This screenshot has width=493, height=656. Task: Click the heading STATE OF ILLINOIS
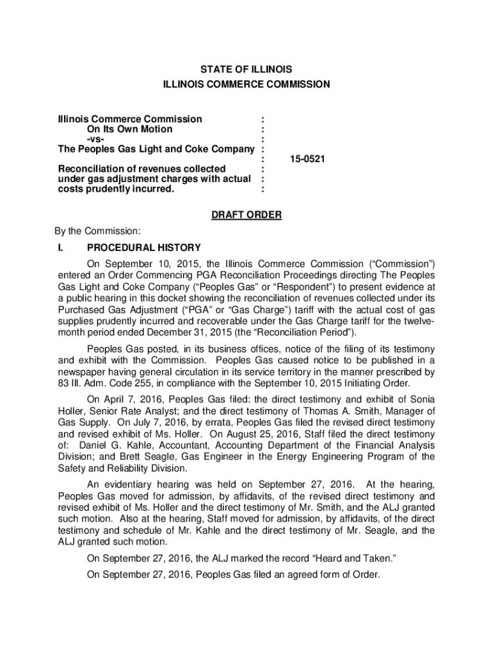click(246, 69)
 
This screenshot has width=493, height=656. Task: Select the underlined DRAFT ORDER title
click(246, 215)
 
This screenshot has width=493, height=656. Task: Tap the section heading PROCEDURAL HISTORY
click(144, 248)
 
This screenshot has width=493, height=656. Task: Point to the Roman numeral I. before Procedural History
click(62, 248)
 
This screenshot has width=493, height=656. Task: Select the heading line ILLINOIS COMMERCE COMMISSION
click(246, 84)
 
